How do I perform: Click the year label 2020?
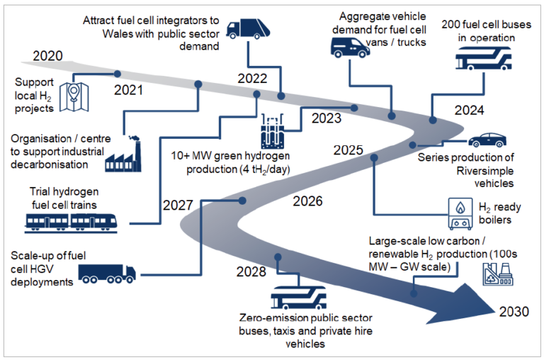(48, 56)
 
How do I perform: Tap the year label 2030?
(514, 312)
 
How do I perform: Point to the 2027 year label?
(177, 205)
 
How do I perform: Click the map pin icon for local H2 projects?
(72, 98)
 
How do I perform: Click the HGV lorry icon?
(106, 273)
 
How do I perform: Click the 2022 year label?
(252, 79)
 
